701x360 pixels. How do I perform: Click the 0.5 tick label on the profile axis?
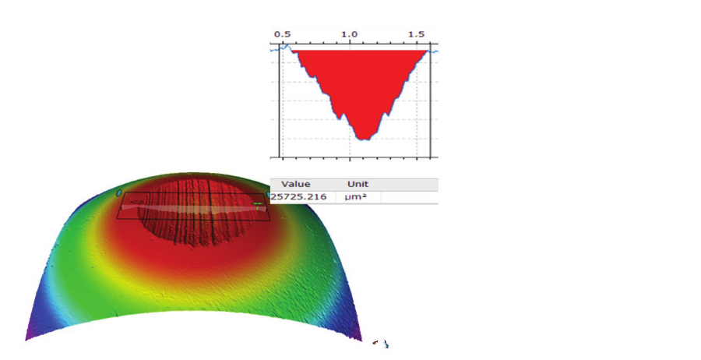[x=282, y=35]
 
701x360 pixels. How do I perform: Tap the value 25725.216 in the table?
[x=298, y=197]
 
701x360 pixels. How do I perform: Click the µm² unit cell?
[x=355, y=197]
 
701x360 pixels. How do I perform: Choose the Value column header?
[x=296, y=185]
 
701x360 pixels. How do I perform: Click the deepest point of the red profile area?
[x=363, y=139]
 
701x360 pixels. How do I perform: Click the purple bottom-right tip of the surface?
[x=359, y=337]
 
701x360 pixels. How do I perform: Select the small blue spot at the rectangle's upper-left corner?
[x=118, y=192]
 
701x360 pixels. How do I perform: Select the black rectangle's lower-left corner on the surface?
[x=118, y=218]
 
